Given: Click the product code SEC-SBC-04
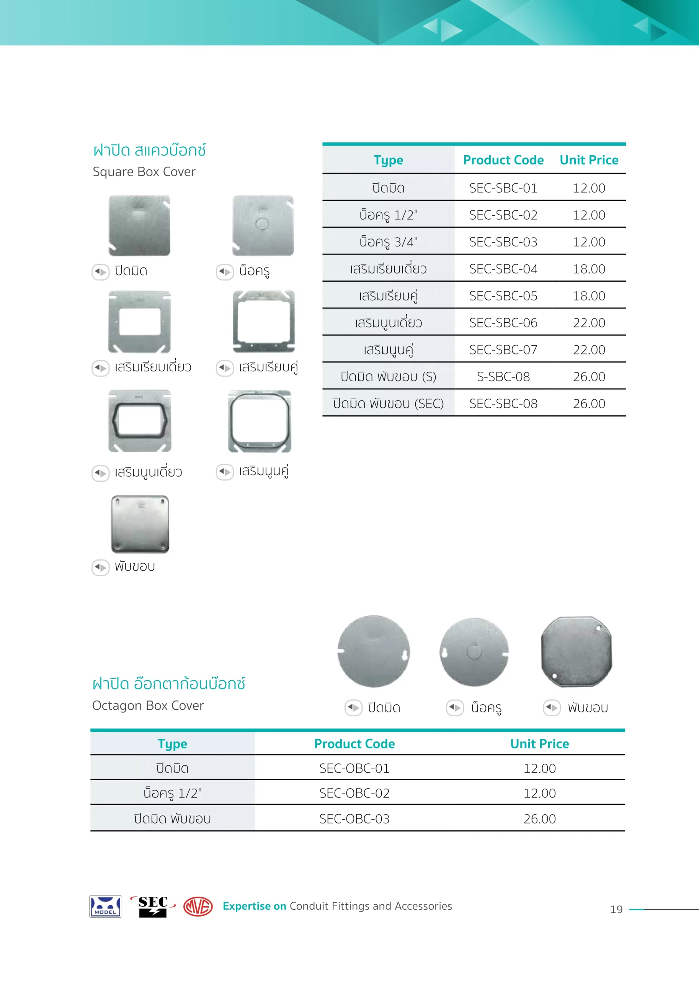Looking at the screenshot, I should pyautogui.click(x=503, y=269).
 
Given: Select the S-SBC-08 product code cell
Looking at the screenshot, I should pyautogui.click(x=503, y=377).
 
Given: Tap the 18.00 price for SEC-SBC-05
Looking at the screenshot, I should pyautogui.click(x=588, y=296).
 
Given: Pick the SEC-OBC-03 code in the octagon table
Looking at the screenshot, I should pyautogui.click(x=354, y=818).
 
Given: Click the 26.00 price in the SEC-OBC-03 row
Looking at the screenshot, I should pyautogui.click(x=539, y=818).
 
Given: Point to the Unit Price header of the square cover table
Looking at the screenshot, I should pyautogui.click(x=588, y=160).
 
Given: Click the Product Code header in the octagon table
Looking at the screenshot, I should pyautogui.click(x=354, y=744).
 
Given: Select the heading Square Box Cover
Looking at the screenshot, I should pyautogui.click(x=144, y=171).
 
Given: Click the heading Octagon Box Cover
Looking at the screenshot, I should pyautogui.click(x=148, y=705).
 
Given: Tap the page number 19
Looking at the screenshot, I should pyautogui.click(x=616, y=909).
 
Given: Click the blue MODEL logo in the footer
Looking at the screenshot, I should pyautogui.click(x=105, y=906).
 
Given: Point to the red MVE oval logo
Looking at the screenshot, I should pyautogui.click(x=198, y=906).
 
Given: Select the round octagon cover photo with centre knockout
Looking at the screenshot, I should pyautogui.click(x=474, y=652).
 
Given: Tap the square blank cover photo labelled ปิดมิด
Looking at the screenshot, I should pyautogui.click(x=139, y=225).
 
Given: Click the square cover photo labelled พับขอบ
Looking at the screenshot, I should pyautogui.click(x=140, y=524).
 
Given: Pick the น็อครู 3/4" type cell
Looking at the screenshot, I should pyautogui.click(x=388, y=242).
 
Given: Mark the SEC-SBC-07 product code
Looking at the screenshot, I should pyautogui.click(x=503, y=350).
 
